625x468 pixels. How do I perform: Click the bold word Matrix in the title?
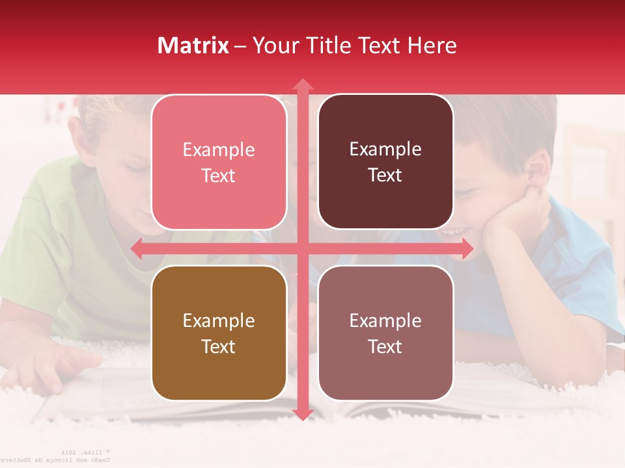(x=193, y=45)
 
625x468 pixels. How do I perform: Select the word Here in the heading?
(x=432, y=45)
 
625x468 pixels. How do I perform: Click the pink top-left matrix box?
(x=219, y=162)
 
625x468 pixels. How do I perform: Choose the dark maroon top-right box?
(x=385, y=162)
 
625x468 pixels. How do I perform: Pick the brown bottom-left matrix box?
(x=219, y=333)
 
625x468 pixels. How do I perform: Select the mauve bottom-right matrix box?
(x=385, y=333)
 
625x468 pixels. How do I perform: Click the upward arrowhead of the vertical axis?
(x=302, y=84)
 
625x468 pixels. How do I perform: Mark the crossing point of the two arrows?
(x=302, y=248)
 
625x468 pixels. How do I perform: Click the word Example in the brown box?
(x=219, y=320)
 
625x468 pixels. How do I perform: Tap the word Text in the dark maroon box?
(x=385, y=175)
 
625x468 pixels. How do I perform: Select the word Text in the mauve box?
(x=385, y=346)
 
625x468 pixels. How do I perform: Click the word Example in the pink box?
(x=219, y=149)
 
